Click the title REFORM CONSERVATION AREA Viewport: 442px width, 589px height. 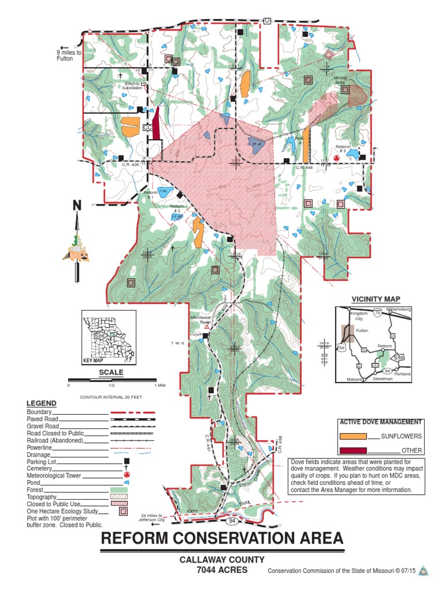click(x=222, y=539)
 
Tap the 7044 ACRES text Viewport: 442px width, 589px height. click(x=222, y=569)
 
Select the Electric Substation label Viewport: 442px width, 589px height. click(x=134, y=86)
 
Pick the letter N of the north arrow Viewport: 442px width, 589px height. click(x=77, y=205)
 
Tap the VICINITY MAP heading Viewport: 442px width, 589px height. click(x=376, y=299)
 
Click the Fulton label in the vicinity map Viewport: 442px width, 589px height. click(x=361, y=331)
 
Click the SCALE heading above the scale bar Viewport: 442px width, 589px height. click(x=112, y=372)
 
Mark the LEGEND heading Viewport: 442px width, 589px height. click(x=41, y=403)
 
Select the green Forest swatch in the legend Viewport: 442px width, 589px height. click(x=126, y=489)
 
